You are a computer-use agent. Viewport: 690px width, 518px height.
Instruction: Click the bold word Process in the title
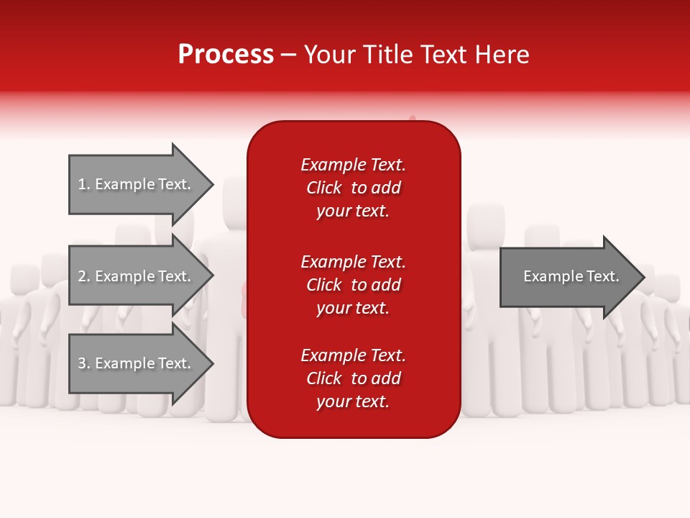point(226,55)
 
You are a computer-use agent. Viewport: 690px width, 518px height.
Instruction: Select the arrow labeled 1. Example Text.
point(137,184)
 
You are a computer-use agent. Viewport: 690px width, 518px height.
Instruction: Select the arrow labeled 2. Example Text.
point(137,276)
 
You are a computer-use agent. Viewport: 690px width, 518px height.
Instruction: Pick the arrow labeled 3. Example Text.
point(137,363)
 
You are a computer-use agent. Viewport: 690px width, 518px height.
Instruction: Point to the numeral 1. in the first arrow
point(83,184)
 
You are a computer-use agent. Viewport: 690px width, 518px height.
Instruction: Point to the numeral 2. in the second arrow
point(83,276)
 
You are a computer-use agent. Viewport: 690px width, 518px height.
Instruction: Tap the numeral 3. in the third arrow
point(83,363)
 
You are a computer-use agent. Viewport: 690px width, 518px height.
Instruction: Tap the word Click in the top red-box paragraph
point(324,188)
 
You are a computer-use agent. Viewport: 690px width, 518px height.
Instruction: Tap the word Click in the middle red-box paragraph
point(324,285)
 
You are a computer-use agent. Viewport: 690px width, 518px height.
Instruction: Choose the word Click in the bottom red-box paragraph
point(324,378)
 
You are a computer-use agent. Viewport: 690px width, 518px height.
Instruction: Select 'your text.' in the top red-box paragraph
point(353,211)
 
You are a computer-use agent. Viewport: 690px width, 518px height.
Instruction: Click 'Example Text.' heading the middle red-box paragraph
point(353,262)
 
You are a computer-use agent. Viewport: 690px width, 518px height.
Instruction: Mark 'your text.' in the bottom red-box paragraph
point(353,401)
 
